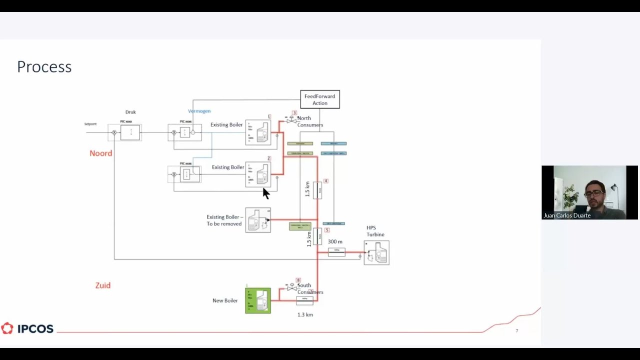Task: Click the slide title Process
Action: click(x=44, y=66)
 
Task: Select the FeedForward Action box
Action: click(x=319, y=99)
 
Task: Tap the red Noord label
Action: click(x=100, y=153)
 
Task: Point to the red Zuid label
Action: click(x=102, y=285)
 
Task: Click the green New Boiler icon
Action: click(x=258, y=300)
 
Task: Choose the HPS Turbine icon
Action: click(x=376, y=252)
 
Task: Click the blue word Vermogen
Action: click(x=199, y=111)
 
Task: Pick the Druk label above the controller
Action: click(x=130, y=112)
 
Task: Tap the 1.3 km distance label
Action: click(x=305, y=314)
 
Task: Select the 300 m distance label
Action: click(x=335, y=241)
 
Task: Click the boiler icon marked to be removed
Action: click(x=258, y=220)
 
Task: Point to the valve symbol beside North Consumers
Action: click(x=291, y=120)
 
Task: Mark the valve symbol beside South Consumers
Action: click(x=291, y=287)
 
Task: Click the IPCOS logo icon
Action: click(x=7, y=328)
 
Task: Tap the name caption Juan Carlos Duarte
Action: click(x=567, y=215)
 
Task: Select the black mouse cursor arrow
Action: click(x=265, y=193)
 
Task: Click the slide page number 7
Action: click(x=517, y=330)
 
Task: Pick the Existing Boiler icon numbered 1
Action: click(x=258, y=132)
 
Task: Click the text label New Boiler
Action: click(x=225, y=300)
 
